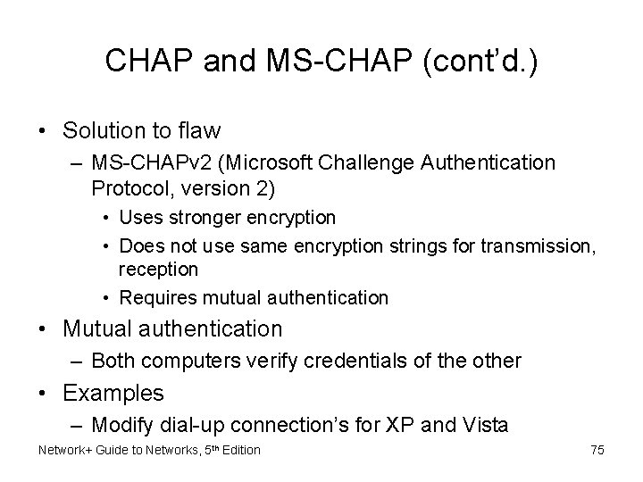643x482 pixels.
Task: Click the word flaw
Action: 198,131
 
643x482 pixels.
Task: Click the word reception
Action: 158,269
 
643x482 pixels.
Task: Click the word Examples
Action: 113,392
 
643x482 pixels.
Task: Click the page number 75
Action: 597,450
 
